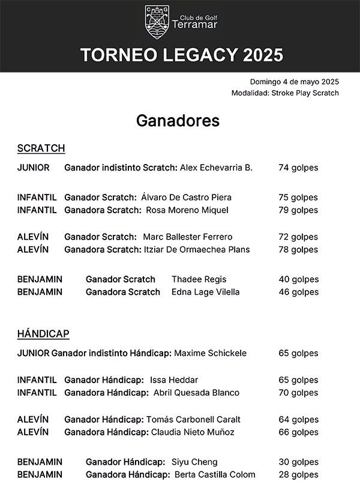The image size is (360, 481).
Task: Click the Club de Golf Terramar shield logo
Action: [157, 22]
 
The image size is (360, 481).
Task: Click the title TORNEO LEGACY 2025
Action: [181, 55]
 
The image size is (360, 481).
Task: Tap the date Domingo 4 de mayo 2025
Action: [295, 82]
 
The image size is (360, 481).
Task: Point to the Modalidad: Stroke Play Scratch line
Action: [285, 93]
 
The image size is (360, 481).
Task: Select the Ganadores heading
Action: [178, 121]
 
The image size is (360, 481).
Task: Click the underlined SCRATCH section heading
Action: [41, 148]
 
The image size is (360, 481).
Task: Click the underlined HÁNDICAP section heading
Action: [43, 334]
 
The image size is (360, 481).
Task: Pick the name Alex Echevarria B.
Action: [216, 168]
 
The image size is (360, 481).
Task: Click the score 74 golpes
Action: [298, 168]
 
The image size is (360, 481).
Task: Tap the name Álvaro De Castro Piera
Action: [186, 198]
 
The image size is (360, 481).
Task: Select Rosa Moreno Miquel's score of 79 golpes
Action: [298, 210]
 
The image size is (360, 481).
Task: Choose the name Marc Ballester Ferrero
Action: [187, 237]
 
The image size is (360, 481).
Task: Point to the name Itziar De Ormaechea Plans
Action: [197, 250]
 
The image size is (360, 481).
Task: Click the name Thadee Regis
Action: [190, 279]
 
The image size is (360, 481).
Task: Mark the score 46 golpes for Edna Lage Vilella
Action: [298, 292]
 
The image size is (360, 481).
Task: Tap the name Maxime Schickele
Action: [210, 353]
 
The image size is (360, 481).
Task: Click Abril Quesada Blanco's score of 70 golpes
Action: [298, 393]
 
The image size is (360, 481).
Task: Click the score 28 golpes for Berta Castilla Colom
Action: [298, 474]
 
